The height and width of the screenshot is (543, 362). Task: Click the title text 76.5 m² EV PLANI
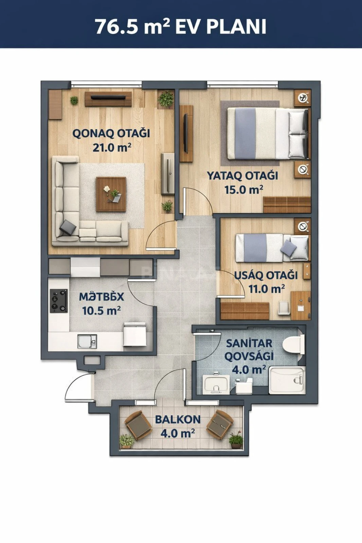[x=181, y=26]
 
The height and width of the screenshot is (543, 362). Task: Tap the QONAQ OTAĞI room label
[x=111, y=133]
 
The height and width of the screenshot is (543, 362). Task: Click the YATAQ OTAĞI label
[x=242, y=175]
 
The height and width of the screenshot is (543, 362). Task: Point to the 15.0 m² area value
[x=243, y=190]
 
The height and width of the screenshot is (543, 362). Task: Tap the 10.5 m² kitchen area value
[x=102, y=311]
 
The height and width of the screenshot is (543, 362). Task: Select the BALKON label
[x=178, y=419]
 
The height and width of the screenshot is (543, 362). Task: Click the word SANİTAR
[x=249, y=343]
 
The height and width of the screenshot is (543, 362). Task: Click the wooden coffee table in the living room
[x=111, y=194]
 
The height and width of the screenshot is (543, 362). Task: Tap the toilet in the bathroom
[x=293, y=344]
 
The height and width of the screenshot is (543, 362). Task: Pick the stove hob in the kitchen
[x=59, y=301]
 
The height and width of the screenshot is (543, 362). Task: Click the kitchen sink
[x=87, y=341]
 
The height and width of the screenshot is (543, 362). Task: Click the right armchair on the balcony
[x=219, y=425]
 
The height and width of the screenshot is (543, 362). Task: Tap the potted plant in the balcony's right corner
[x=236, y=440]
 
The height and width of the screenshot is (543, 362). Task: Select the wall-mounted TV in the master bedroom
[x=185, y=133]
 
